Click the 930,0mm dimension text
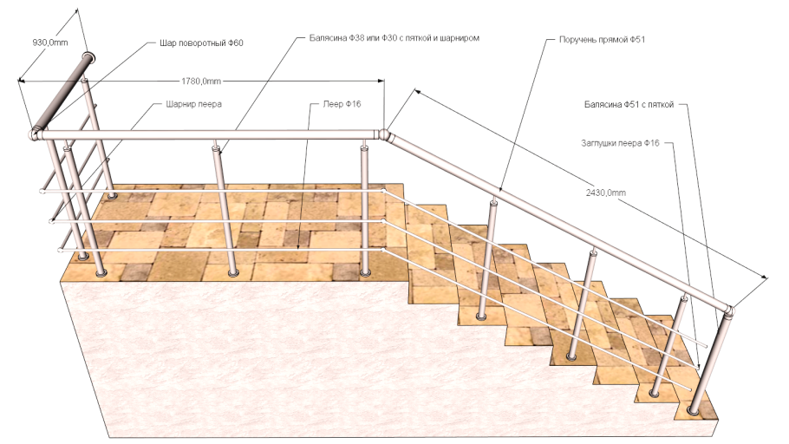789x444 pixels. [x=50, y=42]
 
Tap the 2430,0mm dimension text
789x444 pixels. [x=606, y=193]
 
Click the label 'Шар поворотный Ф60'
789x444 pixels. [x=201, y=43]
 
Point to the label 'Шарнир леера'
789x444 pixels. [x=193, y=104]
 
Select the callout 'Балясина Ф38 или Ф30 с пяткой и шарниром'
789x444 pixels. [x=394, y=38]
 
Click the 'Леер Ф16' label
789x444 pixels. [x=342, y=104]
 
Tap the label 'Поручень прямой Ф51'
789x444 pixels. [x=602, y=39]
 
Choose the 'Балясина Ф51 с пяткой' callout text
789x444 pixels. [x=629, y=105]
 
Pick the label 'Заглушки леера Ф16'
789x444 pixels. [x=620, y=143]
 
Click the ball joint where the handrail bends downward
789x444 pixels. [x=385, y=135]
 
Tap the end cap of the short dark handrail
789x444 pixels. [x=88, y=57]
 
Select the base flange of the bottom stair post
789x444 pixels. [x=693, y=412]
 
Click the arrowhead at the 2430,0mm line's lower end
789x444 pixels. [x=765, y=277]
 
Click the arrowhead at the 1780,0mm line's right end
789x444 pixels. [x=381, y=81]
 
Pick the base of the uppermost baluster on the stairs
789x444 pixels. [x=481, y=317]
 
